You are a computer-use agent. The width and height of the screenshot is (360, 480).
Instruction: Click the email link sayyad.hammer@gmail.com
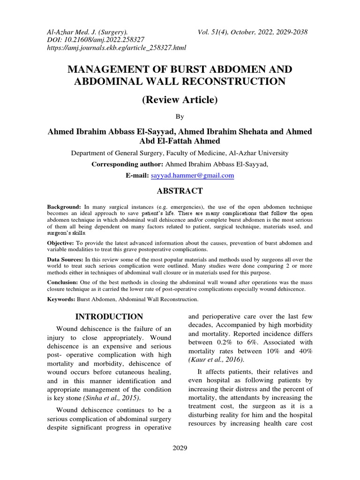pos(192,175)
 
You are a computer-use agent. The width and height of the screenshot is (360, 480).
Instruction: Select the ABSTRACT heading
pos(180,191)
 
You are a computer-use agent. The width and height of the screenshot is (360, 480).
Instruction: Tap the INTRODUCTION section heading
pos(110,316)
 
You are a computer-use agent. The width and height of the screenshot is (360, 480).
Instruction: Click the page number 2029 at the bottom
pos(180,448)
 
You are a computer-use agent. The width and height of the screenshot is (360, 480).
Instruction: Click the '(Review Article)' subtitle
pos(180,99)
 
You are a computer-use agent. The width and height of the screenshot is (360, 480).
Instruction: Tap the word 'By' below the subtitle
pos(180,116)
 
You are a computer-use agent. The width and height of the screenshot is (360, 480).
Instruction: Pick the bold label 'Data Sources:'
pos(65,259)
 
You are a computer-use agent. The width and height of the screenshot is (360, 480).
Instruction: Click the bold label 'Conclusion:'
pos(63,283)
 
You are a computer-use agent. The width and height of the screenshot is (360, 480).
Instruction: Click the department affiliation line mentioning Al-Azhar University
pos(180,153)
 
